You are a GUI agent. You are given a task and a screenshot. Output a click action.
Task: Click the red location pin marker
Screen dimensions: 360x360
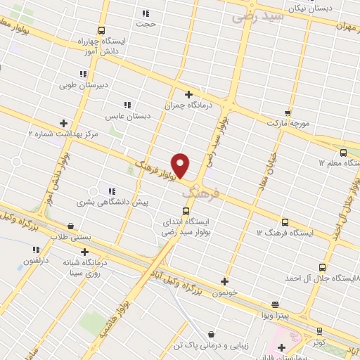181,165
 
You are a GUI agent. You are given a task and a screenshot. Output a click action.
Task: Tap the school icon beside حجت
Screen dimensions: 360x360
146,13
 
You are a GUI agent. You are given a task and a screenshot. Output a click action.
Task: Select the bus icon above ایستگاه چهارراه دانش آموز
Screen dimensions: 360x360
102,30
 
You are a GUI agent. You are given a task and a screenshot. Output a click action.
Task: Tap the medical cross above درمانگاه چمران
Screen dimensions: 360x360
188,94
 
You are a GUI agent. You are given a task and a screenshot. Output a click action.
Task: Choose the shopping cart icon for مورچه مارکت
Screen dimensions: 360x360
288,112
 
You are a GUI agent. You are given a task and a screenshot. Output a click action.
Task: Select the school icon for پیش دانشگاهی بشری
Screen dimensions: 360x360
111,191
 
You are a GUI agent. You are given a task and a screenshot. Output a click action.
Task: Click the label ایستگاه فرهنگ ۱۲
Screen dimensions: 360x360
284,231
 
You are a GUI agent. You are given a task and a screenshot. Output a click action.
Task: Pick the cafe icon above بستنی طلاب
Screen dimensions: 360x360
71,226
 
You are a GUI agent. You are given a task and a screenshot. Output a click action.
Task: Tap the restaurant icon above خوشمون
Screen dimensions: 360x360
224,281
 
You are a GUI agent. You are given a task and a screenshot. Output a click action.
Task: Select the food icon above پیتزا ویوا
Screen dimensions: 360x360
275,304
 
